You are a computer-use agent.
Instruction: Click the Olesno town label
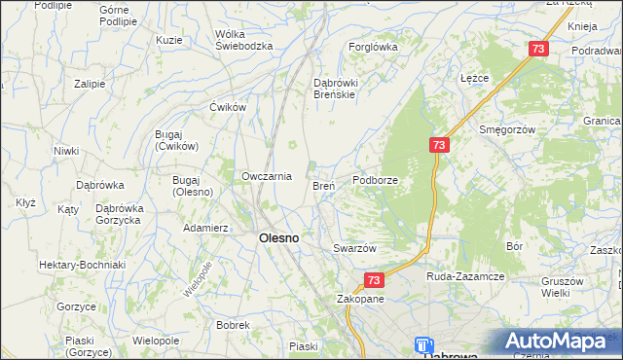pos(277,237)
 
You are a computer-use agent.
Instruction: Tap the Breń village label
pos(323,185)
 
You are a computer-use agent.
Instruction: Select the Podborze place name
pos(375,180)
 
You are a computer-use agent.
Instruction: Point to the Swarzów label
pos(354,248)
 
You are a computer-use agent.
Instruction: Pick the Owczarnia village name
pos(267,176)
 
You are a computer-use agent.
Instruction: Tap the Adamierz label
pos(205,228)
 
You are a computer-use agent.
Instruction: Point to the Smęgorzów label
pos(507,128)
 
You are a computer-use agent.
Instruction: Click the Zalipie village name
pos(89,84)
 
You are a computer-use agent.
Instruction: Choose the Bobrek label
pos(234,325)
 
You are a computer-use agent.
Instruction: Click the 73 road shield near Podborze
pos(439,144)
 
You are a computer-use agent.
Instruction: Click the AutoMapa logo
pos(559,341)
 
